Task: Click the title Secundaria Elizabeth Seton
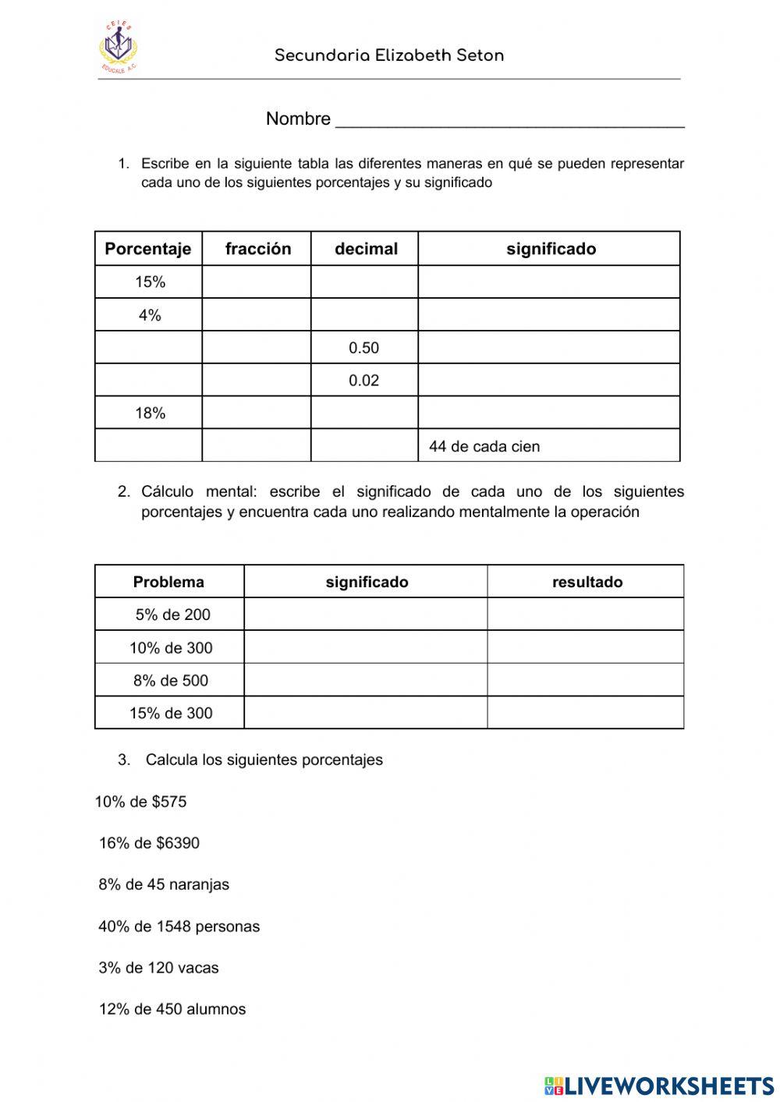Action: [389, 55]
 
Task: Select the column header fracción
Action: [257, 249]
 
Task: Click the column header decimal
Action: [365, 249]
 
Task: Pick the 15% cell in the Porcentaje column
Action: [150, 282]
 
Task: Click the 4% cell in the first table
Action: [150, 315]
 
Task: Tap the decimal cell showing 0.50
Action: [363, 348]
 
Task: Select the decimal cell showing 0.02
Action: [363, 381]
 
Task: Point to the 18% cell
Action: [150, 413]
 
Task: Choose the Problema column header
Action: [168, 582]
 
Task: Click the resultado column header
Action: [587, 582]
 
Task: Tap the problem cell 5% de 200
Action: [172, 615]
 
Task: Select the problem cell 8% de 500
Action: [171, 680]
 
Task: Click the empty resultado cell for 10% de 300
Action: [585, 647]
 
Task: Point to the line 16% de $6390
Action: [149, 843]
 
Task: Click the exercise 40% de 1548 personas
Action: [179, 927]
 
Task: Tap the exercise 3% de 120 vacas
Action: [158, 968]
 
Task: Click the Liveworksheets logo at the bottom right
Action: [659, 1085]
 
